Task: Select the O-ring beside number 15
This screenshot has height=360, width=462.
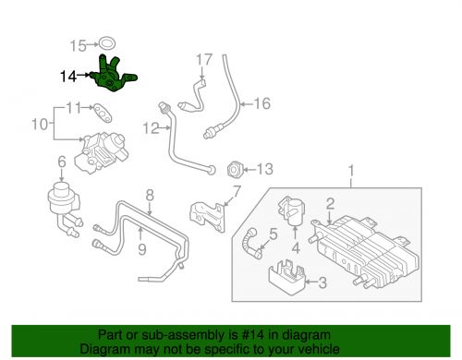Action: [x=108, y=43]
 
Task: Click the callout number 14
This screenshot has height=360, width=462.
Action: [x=67, y=78]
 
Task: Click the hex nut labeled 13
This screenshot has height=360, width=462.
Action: [x=235, y=169]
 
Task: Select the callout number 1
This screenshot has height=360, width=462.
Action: [x=351, y=170]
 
